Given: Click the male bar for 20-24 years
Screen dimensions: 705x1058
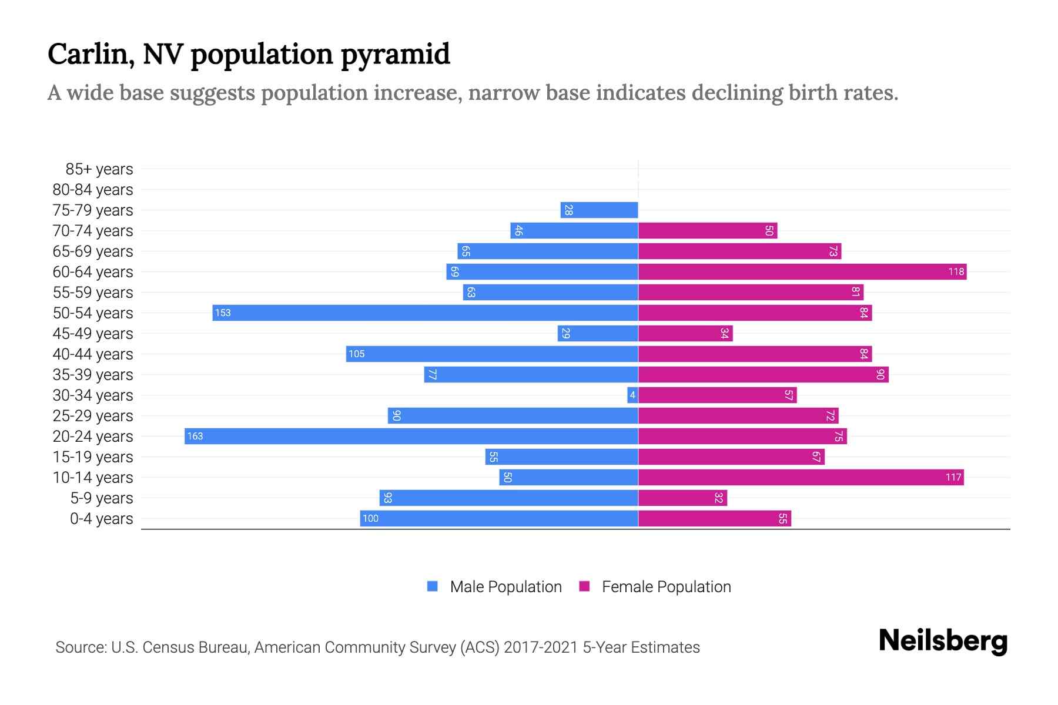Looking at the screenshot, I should click(411, 437).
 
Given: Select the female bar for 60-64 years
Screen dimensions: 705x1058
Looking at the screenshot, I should click(802, 272).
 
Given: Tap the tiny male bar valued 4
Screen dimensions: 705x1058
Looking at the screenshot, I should click(632, 395).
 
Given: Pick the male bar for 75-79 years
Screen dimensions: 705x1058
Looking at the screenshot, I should click(599, 210).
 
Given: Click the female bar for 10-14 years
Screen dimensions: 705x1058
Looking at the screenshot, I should click(801, 478).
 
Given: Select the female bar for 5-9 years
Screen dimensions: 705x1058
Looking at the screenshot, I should click(682, 498).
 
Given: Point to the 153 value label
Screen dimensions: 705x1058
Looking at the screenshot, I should click(223, 313).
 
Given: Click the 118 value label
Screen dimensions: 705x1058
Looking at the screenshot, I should click(956, 272).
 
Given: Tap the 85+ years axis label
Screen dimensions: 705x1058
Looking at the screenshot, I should click(99, 169).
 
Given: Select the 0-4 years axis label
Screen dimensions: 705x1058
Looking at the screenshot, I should click(101, 519).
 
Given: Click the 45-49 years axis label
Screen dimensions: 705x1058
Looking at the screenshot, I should click(93, 334).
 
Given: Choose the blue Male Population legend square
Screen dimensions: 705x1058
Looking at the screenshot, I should click(433, 586).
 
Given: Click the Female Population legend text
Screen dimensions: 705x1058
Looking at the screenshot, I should click(666, 587).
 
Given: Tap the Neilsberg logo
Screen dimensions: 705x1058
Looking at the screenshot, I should click(943, 641).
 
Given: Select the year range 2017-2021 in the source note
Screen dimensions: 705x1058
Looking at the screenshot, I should click(541, 647).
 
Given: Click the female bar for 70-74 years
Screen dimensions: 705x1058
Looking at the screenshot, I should click(708, 231).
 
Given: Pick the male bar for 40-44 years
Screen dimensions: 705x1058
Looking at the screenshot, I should click(492, 354).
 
